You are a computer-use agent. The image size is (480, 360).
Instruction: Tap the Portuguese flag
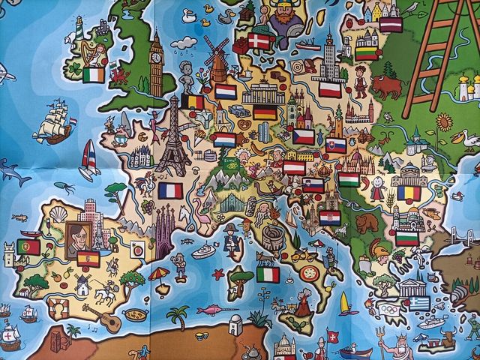[x=28, y=247]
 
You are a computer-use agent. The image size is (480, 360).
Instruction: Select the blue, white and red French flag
[x=170, y=190]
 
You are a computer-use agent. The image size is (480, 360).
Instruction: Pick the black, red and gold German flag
[x=264, y=112]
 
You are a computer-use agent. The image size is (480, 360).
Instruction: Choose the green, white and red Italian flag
[x=268, y=274]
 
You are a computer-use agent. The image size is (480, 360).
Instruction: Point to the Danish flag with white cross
[x=260, y=41]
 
